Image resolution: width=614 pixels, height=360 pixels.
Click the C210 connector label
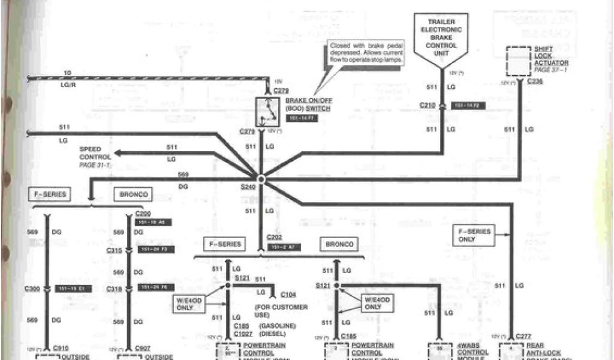[428, 106]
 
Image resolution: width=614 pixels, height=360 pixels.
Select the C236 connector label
[535, 82]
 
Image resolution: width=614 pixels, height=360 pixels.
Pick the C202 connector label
[275, 237]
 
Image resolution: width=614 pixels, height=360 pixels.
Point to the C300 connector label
[34, 289]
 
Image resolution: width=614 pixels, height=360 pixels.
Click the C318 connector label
[115, 289]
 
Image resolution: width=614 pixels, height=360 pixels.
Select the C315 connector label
[115, 250]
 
